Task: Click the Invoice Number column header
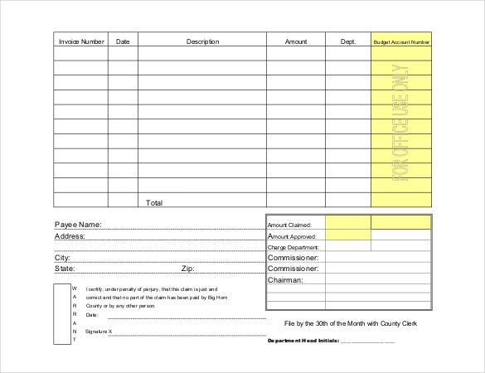tap(80, 41)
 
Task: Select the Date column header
tap(123, 41)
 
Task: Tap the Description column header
tap(202, 41)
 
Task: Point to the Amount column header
tap(296, 41)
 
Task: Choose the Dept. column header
tap(347, 41)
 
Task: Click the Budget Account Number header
tap(402, 41)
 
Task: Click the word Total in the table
tap(154, 202)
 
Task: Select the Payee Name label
tap(78, 225)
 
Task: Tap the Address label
tap(70, 236)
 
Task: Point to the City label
tap(62, 258)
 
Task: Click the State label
tap(65, 269)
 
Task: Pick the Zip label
tap(188, 269)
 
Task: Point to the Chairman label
tap(285, 280)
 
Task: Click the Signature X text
tap(99, 332)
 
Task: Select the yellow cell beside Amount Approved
tap(347, 235)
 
